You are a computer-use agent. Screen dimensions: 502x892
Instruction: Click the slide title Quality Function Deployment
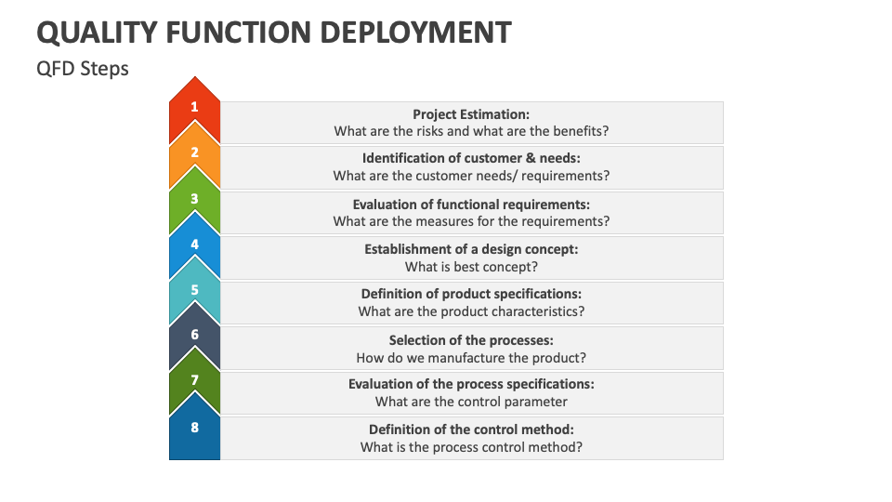pyautogui.click(x=274, y=33)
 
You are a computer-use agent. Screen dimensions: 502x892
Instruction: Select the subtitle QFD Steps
pyautogui.click(x=83, y=69)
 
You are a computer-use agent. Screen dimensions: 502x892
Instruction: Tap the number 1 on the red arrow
pyautogui.click(x=194, y=107)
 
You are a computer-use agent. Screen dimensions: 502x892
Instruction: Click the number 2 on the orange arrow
pyautogui.click(x=194, y=152)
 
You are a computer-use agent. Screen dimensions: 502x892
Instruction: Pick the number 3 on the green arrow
pyautogui.click(x=194, y=198)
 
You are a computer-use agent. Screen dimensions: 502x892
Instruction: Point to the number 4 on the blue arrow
pyautogui.click(x=194, y=244)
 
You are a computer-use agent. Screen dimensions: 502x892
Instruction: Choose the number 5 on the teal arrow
pyautogui.click(x=194, y=289)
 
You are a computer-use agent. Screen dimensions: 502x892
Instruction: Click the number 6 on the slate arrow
pyautogui.click(x=194, y=334)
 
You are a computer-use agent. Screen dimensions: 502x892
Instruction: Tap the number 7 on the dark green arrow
pyautogui.click(x=194, y=379)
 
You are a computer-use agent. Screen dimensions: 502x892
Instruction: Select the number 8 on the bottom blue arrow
pyautogui.click(x=194, y=428)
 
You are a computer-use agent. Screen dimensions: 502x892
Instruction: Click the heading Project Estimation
pyautogui.click(x=471, y=114)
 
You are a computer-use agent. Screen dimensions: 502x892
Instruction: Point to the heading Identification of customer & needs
pyautogui.click(x=471, y=158)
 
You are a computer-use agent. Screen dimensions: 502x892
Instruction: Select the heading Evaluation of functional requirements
pyautogui.click(x=471, y=205)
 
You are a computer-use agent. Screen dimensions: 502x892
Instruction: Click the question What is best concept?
pyautogui.click(x=471, y=267)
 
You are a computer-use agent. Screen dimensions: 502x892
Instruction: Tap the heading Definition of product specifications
pyautogui.click(x=471, y=294)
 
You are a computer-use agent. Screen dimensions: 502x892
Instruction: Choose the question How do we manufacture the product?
pyautogui.click(x=471, y=358)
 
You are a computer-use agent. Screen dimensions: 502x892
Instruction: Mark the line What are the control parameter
pyautogui.click(x=471, y=402)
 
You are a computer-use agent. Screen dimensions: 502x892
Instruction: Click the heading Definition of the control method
pyautogui.click(x=471, y=429)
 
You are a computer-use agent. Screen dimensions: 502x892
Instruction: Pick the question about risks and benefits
pyautogui.click(x=471, y=131)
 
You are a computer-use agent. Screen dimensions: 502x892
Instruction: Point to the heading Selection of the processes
pyautogui.click(x=471, y=340)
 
